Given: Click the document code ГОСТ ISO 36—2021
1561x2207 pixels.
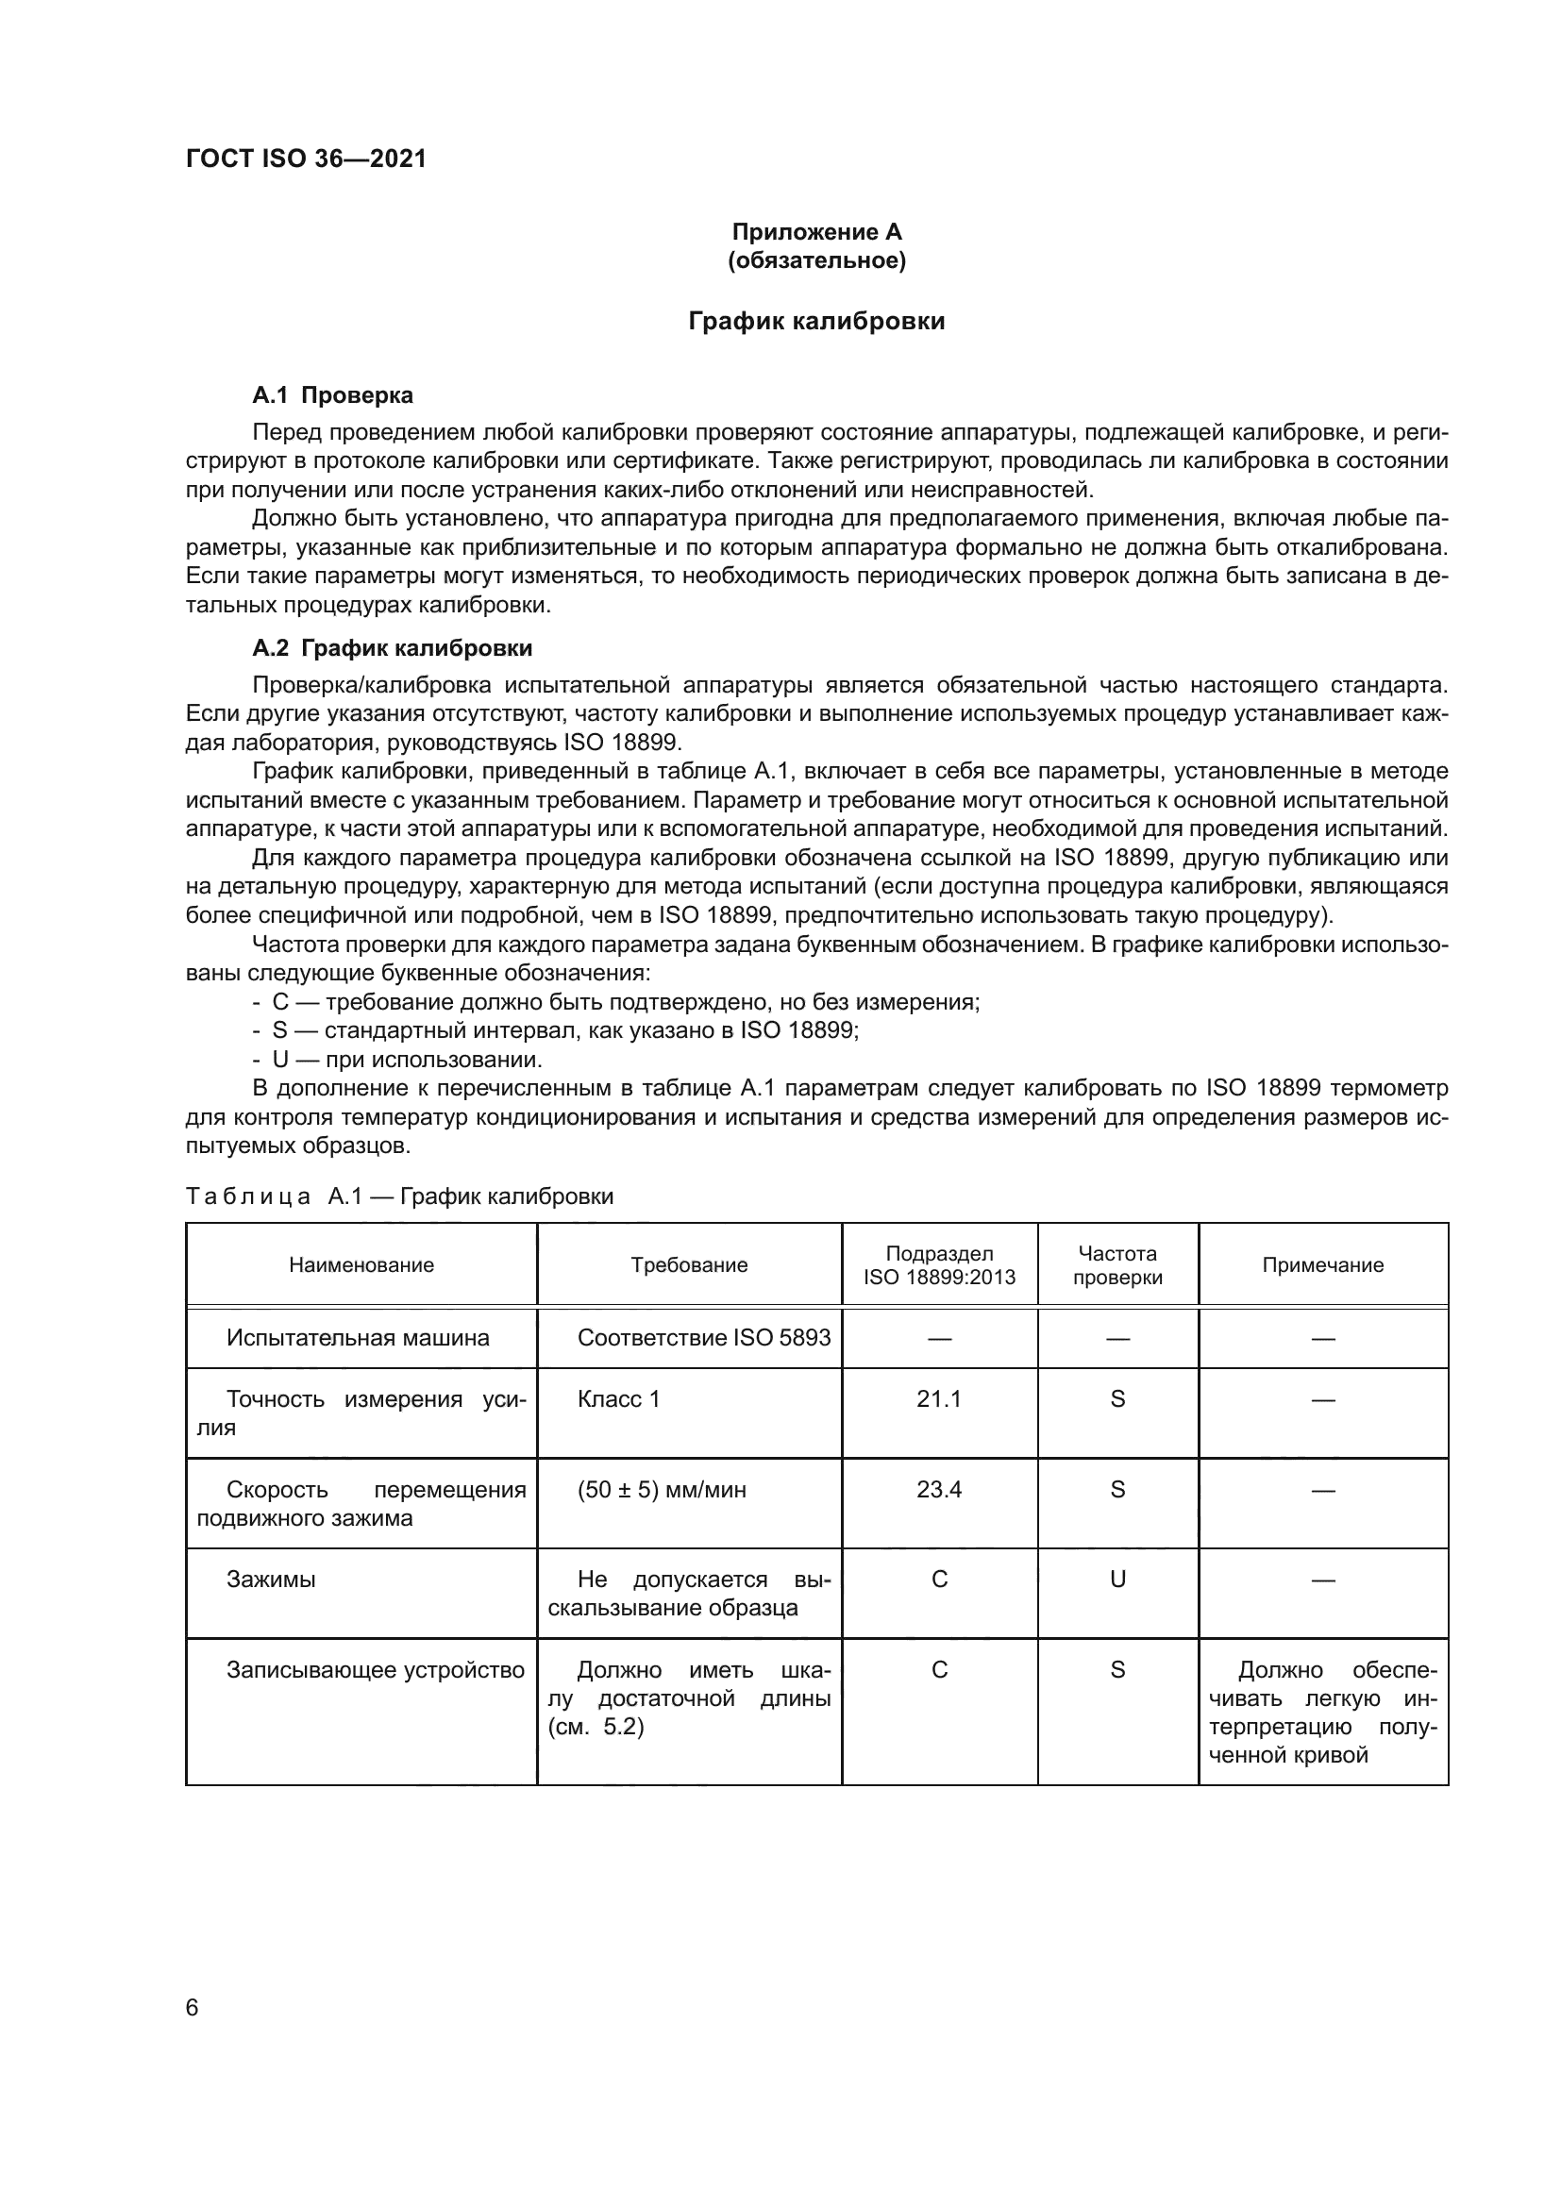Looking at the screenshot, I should click(306, 159).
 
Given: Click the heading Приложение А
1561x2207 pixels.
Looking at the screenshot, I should click(816, 232).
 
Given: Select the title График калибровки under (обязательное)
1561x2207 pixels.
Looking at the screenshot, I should click(816, 321).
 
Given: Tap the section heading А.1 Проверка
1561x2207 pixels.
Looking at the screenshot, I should click(332, 395).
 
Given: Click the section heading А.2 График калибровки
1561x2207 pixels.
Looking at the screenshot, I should click(393, 648).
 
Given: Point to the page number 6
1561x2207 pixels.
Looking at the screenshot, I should click(193, 2007).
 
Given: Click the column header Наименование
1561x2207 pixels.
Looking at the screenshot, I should click(361, 1265).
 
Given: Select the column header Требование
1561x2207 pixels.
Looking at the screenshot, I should click(689, 1265).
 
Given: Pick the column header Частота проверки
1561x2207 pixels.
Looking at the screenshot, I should click(1116, 1265).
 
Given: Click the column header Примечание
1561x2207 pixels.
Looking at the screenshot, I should click(1322, 1265).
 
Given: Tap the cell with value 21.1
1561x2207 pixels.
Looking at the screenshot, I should click(939, 1398).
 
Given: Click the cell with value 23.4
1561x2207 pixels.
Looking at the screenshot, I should click(939, 1489).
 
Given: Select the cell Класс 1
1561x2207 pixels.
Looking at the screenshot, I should click(619, 1398).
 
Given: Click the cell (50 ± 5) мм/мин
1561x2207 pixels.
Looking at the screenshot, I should click(662, 1489).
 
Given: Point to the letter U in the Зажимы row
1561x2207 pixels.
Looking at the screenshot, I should click(1116, 1579).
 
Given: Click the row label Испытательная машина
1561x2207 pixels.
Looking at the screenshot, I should click(358, 1337).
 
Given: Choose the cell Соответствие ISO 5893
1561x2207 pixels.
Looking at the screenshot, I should click(704, 1337).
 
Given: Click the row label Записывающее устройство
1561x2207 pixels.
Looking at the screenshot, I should click(375, 1670).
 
